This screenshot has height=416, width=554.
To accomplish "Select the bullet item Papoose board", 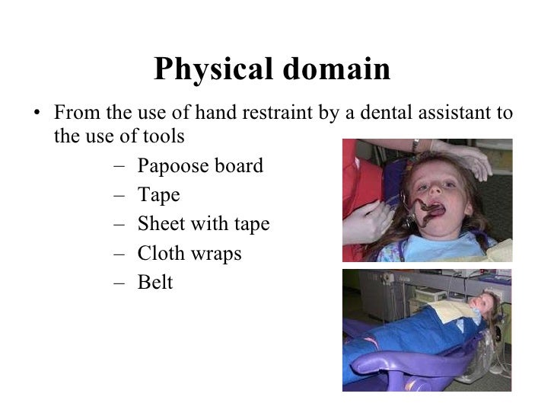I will [200, 166].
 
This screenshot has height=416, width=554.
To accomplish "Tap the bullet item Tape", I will [158, 195].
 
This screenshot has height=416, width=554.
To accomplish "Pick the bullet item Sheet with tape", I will [203, 224].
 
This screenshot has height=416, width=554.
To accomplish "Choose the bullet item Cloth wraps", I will [189, 253].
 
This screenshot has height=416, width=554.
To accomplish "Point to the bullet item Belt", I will [155, 282].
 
